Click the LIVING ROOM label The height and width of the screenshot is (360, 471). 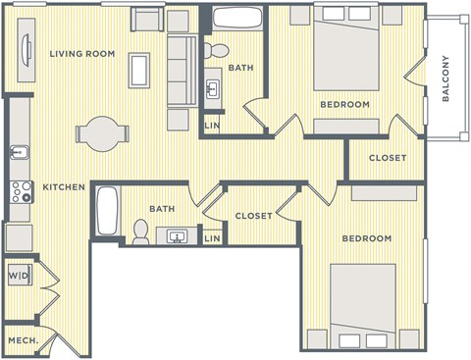coord(81,53)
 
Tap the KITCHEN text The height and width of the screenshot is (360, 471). coord(62,186)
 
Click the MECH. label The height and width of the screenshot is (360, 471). coord(23,340)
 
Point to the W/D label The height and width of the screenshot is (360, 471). coord(18,277)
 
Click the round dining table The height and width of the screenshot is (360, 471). coord(102,134)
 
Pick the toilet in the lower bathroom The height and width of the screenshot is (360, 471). coord(140,231)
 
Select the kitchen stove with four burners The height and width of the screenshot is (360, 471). coord(19,191)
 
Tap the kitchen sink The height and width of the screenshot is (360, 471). coord(18,153)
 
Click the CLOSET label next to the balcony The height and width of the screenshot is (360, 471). coord(388,159)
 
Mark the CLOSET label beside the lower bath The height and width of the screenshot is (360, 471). coord(253,216)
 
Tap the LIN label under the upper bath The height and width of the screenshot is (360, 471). coord(211,125)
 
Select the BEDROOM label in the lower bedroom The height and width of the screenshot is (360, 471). coord(366,238)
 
